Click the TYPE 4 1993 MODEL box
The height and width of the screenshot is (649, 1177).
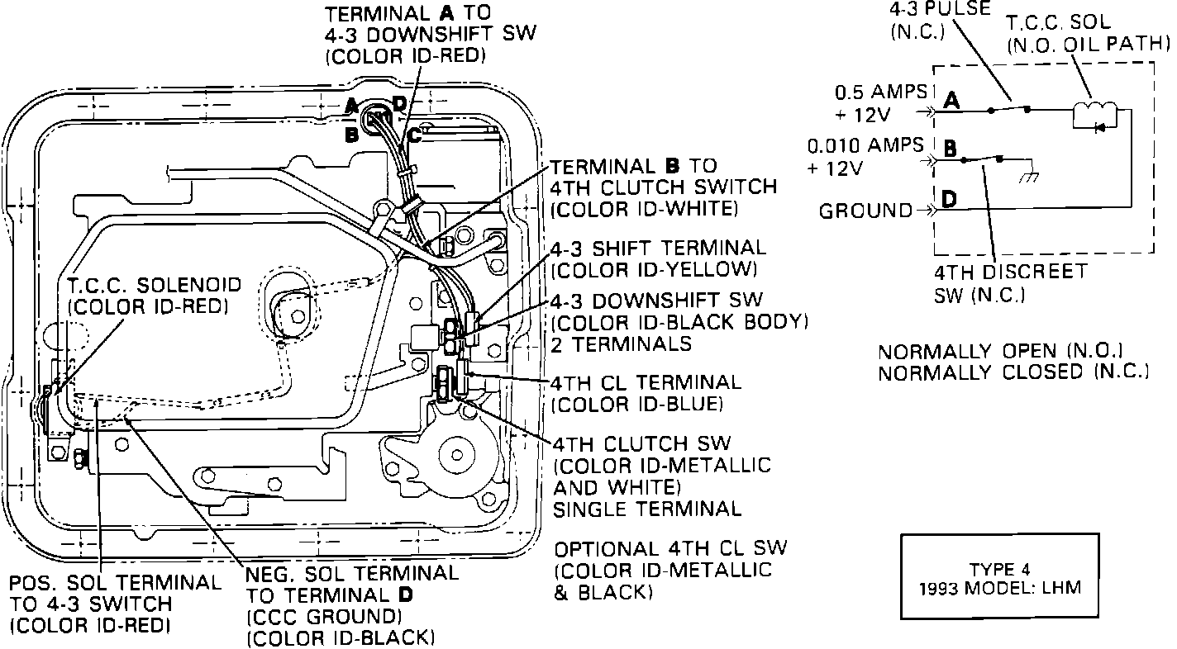(999, 576)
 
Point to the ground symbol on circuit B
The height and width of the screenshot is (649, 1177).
(1030, 176)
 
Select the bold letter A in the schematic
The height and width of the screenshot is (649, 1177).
(951, 101)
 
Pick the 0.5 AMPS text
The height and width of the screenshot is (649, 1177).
(880, 92)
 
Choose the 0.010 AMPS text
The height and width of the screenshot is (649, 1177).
(866, 146)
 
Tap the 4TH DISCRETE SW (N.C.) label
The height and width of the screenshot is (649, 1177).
(1010, 282)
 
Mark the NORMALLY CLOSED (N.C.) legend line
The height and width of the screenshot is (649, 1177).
(1013, 372)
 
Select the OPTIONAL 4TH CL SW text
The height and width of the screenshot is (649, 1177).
(671, 548)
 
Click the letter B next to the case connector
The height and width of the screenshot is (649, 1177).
(351, 135)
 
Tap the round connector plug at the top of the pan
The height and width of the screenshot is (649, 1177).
(381, 120)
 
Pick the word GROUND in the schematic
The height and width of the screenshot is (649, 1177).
(864, 211)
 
